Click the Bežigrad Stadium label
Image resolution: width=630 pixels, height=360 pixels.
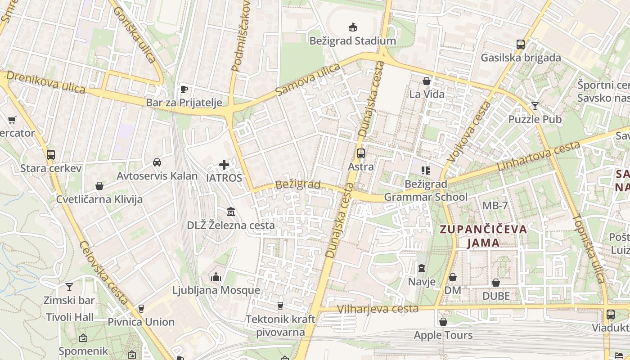pos(352,41)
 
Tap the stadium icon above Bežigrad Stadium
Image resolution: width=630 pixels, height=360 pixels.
pos(352,27)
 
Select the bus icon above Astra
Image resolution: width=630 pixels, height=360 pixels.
pos(361,153)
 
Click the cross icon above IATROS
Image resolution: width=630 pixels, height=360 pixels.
pos(224,165)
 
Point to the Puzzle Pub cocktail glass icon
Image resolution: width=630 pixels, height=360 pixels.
pos(535,106)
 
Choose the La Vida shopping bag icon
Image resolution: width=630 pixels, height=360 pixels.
pos(426,81)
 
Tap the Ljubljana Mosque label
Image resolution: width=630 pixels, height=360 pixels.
pos(216,290)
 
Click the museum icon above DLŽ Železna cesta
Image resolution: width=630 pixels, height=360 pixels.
pos(231,211)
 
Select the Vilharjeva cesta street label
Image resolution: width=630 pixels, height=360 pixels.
pos(378,309)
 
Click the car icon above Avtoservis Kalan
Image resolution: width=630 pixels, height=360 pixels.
pos(157,162)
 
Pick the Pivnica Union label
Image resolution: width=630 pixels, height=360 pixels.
pos(141,322)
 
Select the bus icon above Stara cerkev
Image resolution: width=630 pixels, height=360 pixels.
pos(51,155)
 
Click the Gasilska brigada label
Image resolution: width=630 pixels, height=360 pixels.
pos(521,58)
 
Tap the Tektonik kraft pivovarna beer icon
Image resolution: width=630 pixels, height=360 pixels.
pos(280,306)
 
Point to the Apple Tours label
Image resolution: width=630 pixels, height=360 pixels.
pos(443,335)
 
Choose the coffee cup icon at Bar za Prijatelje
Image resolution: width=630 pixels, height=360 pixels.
pos(184,89)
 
